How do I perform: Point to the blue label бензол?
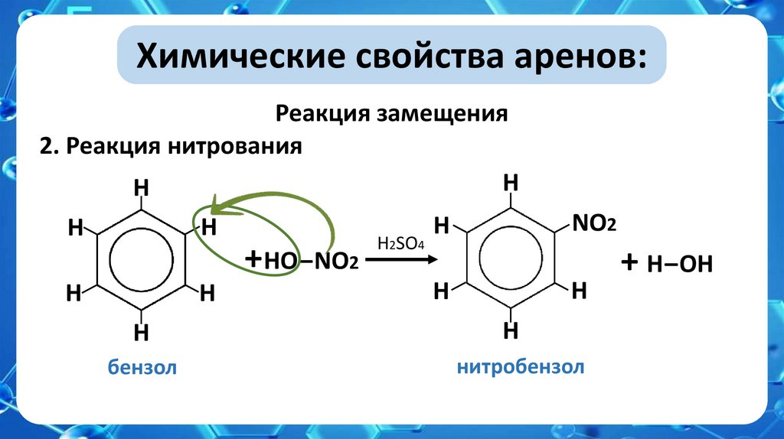click(142, 368)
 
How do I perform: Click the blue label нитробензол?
click(521, 367)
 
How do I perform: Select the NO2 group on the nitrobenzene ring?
click(594, 223)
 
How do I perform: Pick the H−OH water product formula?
click(680, 265)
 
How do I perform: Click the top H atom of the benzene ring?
click(141, 187)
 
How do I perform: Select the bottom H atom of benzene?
click(141, 333)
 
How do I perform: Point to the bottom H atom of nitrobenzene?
click(511, 331)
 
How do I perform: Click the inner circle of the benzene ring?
click(141, 260)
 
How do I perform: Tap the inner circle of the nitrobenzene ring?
click(511, 258)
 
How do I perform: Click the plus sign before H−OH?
click(629, 262)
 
